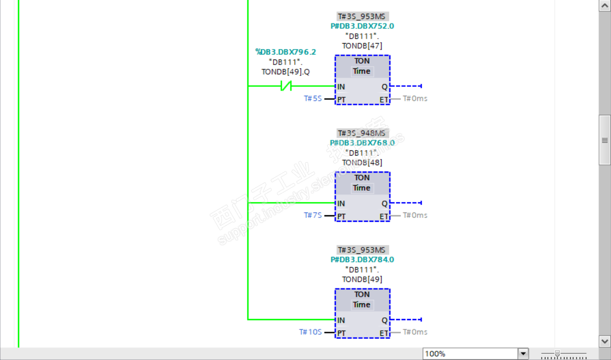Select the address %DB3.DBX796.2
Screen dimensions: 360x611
[286, 52]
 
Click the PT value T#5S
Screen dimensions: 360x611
[313, 98]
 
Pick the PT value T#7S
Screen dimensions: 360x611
[313, 215]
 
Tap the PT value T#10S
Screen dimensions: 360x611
[310, 332]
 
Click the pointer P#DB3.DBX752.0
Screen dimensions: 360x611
[362, 26]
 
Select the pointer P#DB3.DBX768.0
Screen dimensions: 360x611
[362, 143]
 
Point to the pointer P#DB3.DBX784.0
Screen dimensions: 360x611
[362, 259]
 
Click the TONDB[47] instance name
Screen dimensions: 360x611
[362, 46]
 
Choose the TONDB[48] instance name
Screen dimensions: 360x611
[362, 163]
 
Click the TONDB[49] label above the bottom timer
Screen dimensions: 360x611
[362, 280]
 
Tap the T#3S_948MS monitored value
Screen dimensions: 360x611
[362, 133]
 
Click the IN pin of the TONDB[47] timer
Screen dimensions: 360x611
[341, 86]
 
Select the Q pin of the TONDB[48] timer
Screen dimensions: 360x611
[384, 204]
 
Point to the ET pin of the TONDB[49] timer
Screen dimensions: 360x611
[384, 333]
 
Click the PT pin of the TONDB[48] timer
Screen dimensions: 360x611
[341, 216]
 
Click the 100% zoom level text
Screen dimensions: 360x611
[435, 353]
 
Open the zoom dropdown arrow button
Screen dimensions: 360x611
[523, 353]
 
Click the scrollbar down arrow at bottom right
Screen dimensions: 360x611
[604, 340]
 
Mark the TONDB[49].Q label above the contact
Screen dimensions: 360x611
[286, 72]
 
